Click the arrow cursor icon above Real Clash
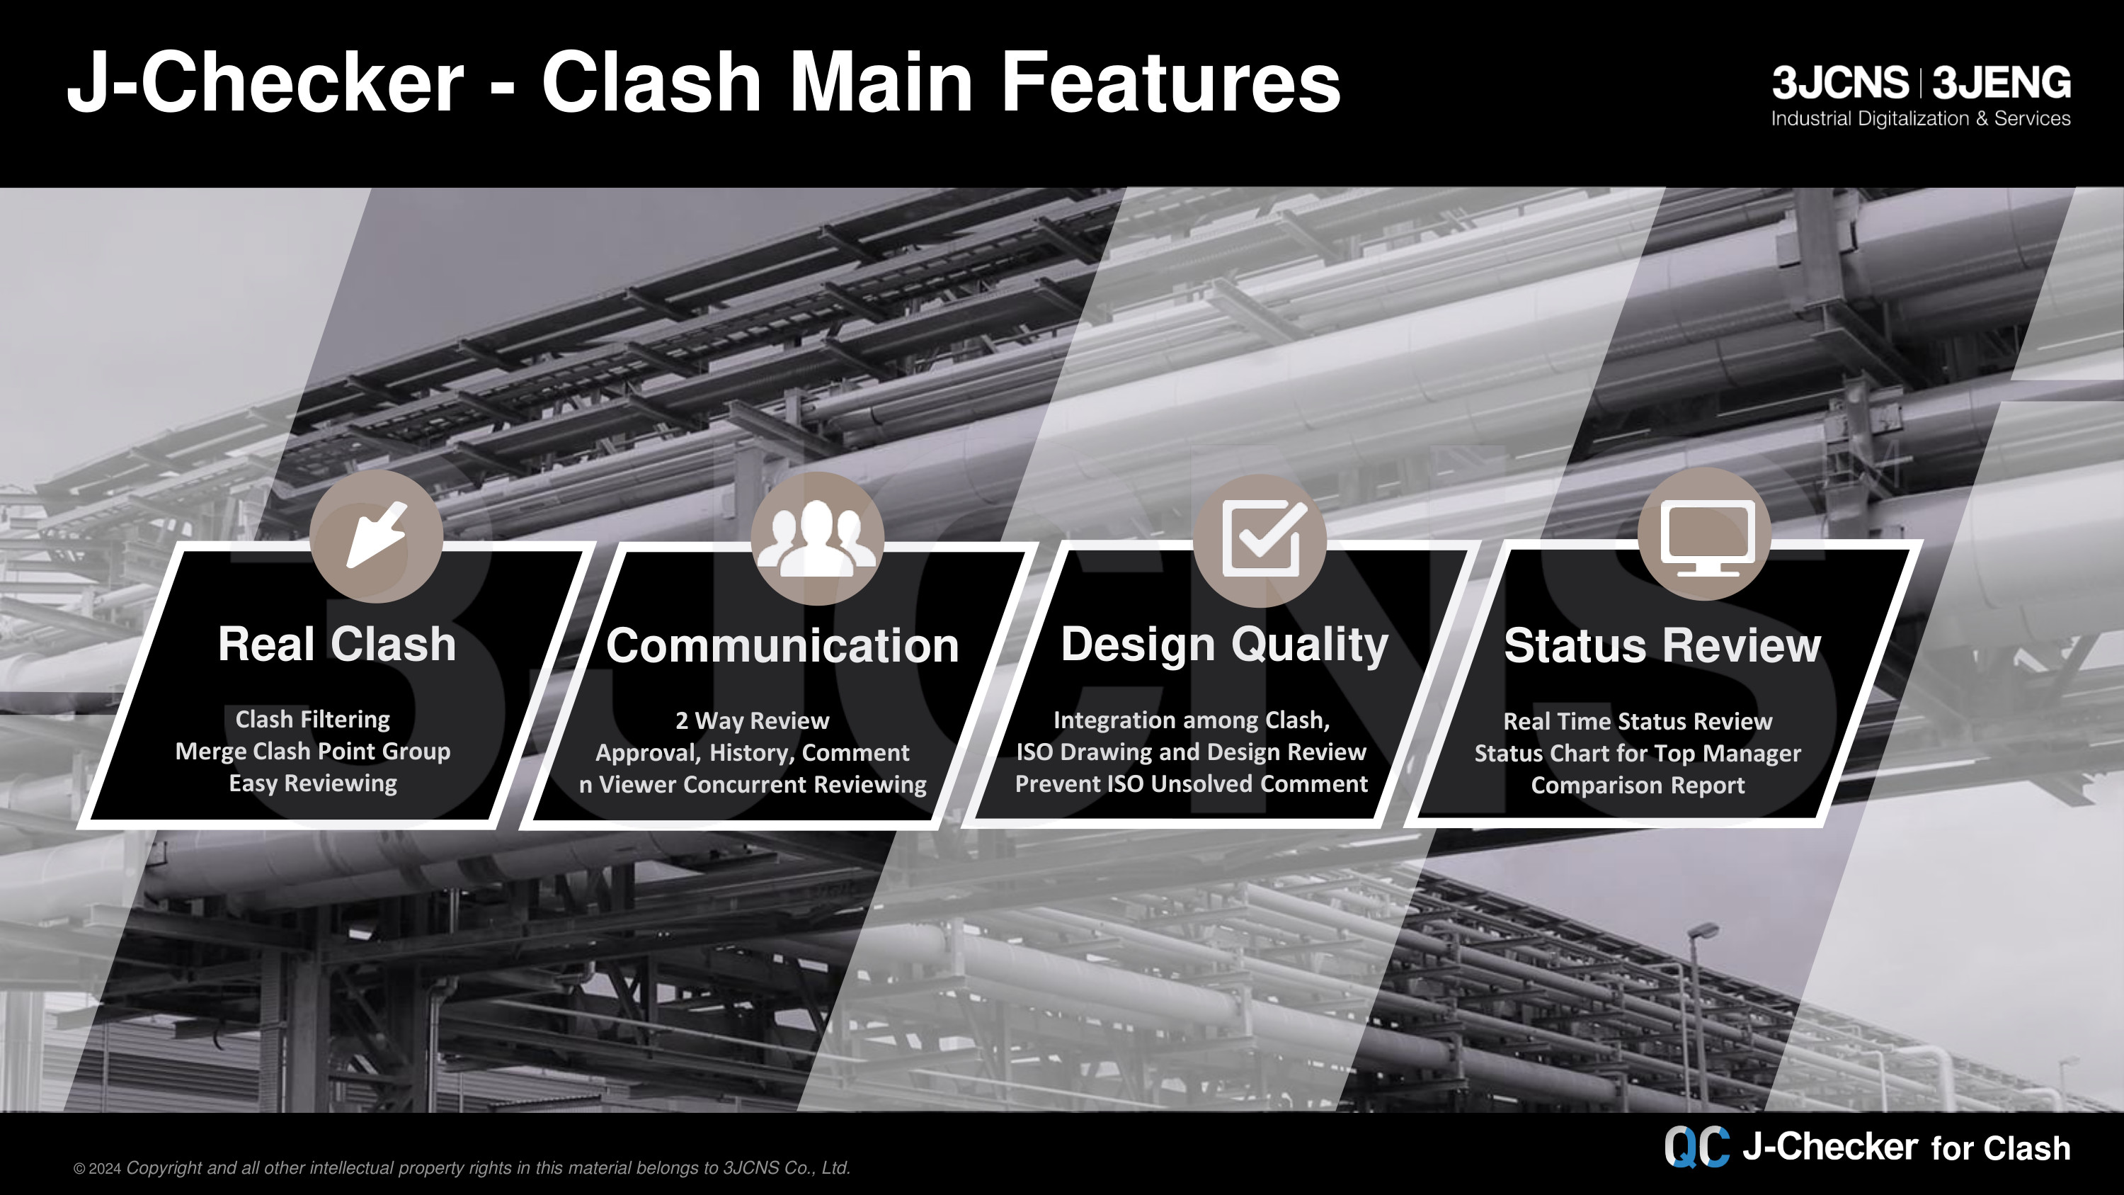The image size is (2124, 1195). click(x=377, y=536)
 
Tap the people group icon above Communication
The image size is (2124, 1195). click(x=817, y=538)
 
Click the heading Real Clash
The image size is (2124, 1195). click(x=336, y=644)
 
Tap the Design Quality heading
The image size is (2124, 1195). click(x=1224, y=645)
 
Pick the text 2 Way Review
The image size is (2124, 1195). click(x=752, y=721)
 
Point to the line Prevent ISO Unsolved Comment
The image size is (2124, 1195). click(x=1192, y=783)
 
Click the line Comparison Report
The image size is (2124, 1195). click(x=1638, y=785)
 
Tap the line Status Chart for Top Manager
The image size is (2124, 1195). click(x=1638, y=753)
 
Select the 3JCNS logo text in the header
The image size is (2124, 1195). click(x=1840, y=82)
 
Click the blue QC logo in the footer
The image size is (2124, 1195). click(x=1696, y=1147)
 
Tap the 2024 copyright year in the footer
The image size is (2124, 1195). click(x=105, y=1169)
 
